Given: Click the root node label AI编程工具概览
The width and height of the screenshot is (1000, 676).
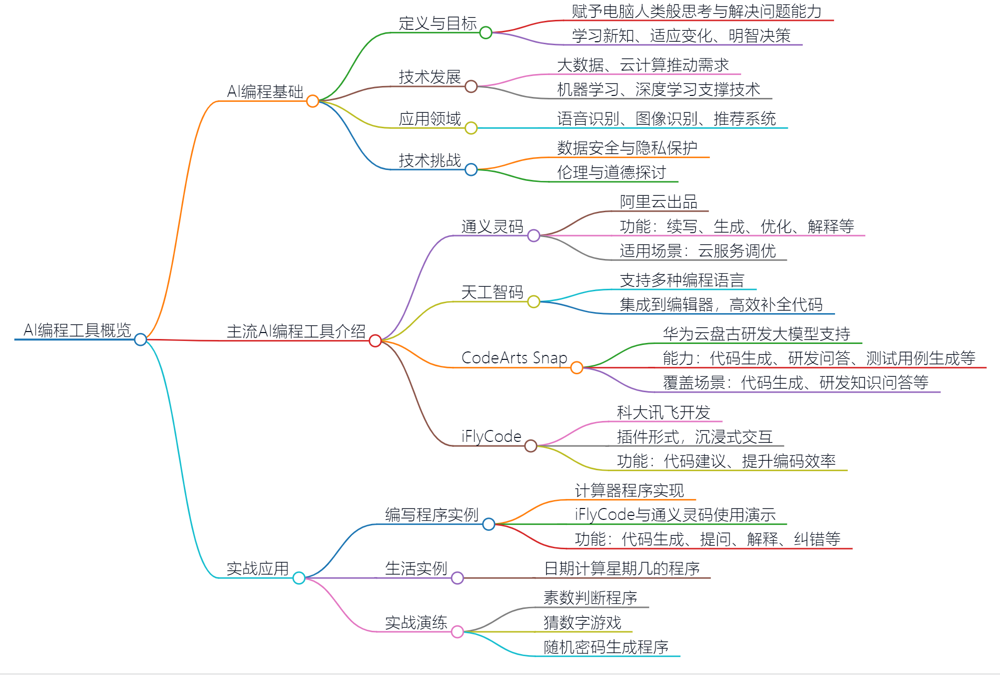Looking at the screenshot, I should click(x=77, y=330).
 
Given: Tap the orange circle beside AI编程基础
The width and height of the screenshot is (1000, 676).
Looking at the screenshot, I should click(x=312, y=101).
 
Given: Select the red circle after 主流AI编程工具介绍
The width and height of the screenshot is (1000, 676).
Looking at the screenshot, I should click(x=375, y=340).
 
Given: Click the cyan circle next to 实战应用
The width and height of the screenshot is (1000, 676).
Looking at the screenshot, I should click(x=299, y=578).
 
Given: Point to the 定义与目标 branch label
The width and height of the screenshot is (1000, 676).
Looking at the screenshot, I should click(x=437, y=23).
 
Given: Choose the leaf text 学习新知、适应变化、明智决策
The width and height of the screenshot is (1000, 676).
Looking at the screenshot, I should click(x=681, y=36).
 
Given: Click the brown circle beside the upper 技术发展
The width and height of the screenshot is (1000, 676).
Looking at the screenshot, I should click(x=471, y=86).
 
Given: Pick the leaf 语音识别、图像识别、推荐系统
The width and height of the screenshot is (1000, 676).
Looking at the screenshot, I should click(x=666, y=119).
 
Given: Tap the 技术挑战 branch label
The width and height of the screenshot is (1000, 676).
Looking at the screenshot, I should click(x=430, y=161).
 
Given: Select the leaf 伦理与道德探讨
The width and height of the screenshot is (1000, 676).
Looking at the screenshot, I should click(x=611, y=172).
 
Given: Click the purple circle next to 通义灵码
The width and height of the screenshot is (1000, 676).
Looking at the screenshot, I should click(x=534, y=236).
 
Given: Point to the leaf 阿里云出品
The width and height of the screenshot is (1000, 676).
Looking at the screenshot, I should click(x=659, y=202).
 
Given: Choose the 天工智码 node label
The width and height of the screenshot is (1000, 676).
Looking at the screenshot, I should click(x=492, y=292).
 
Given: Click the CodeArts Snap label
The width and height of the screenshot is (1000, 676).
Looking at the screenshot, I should click(x=514, y=358).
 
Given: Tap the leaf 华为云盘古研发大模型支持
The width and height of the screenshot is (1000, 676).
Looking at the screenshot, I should click(x=756, y=334).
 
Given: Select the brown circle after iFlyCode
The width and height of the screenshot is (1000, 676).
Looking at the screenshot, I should click(x=531, y=446).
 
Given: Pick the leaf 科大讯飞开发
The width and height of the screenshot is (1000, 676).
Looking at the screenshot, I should click(x=663, y=413).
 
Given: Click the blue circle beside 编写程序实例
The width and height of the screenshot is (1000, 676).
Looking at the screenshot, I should click(x=489, y=524).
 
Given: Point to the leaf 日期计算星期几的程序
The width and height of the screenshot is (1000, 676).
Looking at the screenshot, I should click(x=622, y=569).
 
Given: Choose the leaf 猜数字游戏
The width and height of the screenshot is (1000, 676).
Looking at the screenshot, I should click(x=582, y=622).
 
